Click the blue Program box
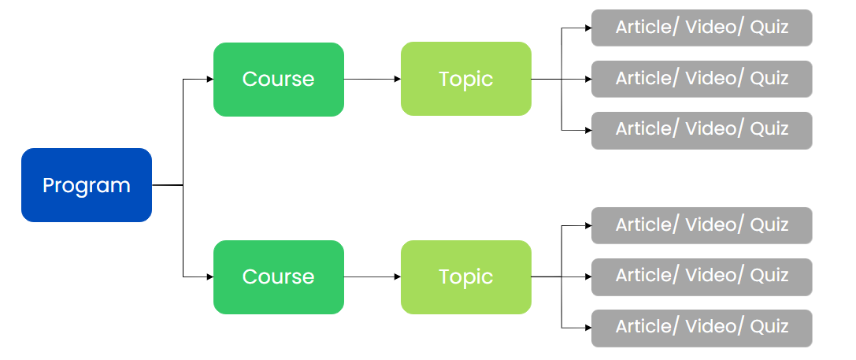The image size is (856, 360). [86, 185]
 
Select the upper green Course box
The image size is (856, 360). [278, 79]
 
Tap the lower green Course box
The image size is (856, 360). [278, 276]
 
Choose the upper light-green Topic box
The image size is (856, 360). [465, 79]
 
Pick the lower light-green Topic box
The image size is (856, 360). [465, 276]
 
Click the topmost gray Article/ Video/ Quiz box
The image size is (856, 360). [701, 28]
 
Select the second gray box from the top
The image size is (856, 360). [701, 79]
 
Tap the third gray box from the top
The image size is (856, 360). [701, 129]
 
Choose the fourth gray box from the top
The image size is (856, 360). [701, 225]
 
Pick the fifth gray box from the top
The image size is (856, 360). [701, 276]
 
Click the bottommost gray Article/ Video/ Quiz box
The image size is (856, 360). [701, 327]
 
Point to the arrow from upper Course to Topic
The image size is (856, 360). [372, 79]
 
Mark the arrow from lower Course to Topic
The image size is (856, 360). [372, 276]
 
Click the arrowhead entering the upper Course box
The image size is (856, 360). [209, 79]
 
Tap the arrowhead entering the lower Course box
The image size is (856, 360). [209, 276]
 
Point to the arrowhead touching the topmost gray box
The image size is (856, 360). [587, 28]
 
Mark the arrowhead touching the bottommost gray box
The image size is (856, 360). [587, 327]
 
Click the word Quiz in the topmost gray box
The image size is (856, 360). [769, 28]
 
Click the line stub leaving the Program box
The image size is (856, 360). [167, 185]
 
